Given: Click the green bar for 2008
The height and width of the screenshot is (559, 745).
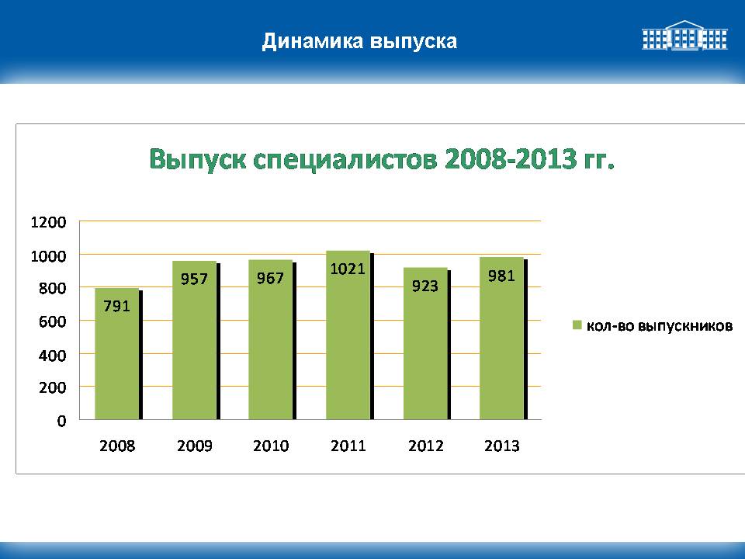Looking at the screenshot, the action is pos(117,354).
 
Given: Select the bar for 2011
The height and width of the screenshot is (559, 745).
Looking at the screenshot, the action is pos(348,335).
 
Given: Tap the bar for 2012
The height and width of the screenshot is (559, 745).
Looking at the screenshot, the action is pos(425,343).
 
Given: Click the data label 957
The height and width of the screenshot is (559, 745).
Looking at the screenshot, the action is pos(194,279).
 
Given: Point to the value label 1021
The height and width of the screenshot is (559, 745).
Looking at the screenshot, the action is pos(348,269).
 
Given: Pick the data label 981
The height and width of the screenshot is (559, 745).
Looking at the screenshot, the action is pos(501,276).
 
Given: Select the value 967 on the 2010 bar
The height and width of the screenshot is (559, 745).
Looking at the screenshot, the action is pos(270,278).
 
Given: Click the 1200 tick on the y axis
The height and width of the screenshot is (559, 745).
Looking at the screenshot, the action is pos(48,222).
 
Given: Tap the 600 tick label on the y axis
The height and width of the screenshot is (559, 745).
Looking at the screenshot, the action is pos(52,321).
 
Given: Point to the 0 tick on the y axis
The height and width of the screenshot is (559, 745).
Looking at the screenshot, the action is pos(62,421).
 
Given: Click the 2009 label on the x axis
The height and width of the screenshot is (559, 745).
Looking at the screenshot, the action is pos(194,446).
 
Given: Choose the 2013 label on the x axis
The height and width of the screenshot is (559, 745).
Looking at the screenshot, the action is pos(502,446).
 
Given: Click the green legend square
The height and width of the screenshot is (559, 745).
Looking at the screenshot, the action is pos(577,325).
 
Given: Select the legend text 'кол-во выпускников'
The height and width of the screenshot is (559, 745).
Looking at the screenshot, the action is pos(660,326).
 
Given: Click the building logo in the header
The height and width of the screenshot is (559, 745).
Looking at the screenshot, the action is pos(684,35).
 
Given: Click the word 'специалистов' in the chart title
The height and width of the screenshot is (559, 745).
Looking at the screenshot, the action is pos(345,160).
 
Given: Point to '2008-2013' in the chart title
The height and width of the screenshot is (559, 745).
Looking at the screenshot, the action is pos(511,158).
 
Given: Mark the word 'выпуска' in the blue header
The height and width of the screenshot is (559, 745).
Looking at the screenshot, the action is pos(414,42).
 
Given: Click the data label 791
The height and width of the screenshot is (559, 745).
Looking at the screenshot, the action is pos(117,306).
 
